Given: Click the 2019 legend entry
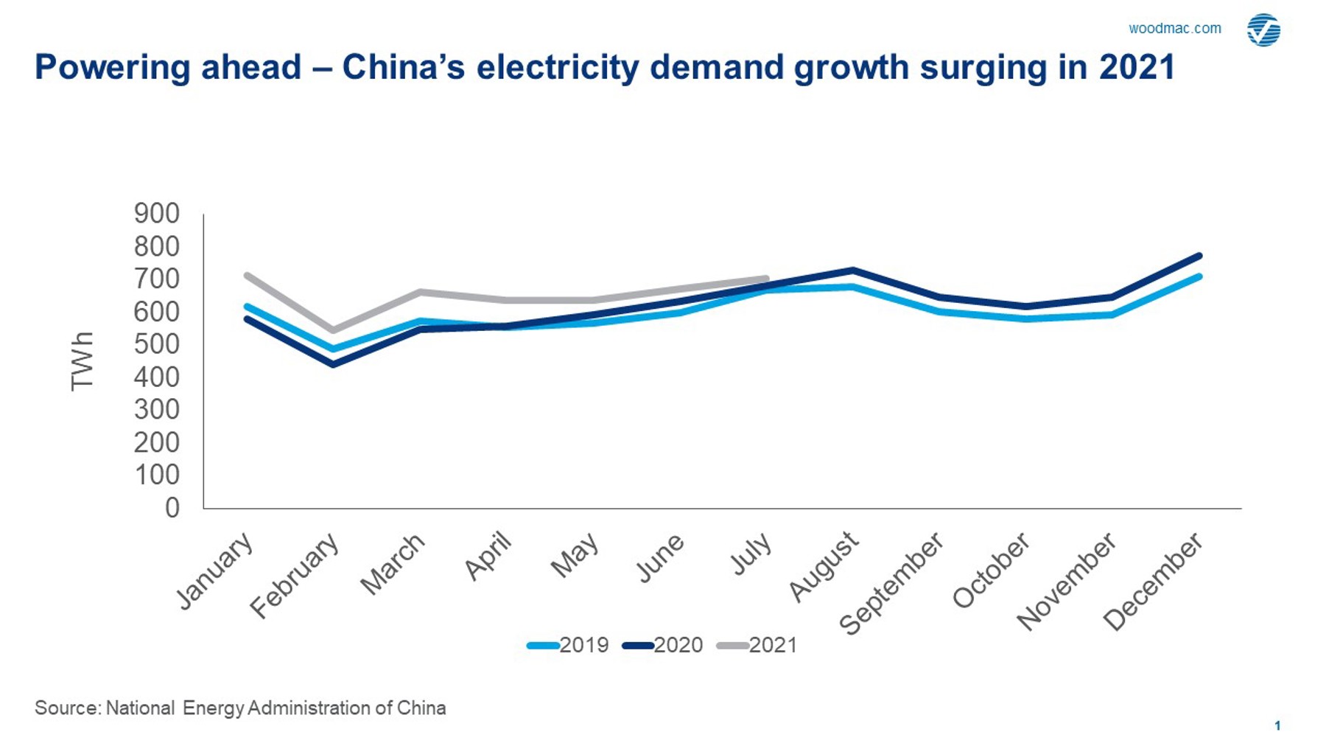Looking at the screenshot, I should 568,645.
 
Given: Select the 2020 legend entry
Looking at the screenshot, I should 662,645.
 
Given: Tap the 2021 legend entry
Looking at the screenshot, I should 757,645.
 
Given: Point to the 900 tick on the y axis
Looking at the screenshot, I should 156,214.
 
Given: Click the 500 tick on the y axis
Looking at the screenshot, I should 156,344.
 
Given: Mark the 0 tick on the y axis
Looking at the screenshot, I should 172,508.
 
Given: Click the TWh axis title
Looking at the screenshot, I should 82,361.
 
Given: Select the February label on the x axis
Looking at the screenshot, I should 295,576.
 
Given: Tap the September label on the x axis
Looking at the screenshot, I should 893,584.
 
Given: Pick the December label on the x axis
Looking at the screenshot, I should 1154,582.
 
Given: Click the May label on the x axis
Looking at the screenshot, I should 575,555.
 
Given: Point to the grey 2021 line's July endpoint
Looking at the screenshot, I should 766,279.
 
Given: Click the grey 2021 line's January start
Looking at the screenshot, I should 247,276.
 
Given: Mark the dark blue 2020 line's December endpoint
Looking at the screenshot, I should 1199,256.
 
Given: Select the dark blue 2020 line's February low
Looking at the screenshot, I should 334,364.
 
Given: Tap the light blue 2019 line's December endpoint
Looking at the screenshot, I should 1199,276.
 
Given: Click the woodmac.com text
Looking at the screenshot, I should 1174,29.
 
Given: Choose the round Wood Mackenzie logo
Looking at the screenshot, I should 1263,30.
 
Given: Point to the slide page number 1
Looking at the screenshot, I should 1277,726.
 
